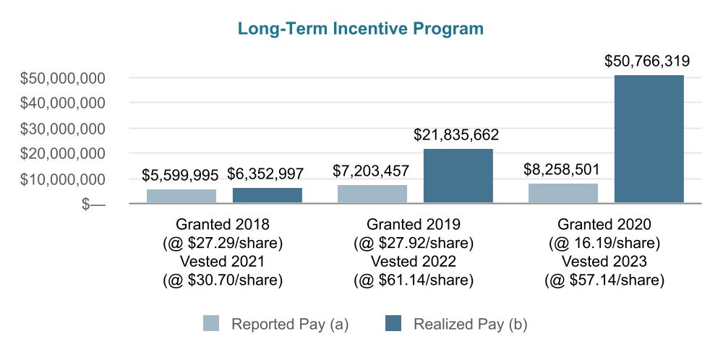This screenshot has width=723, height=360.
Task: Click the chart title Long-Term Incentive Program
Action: (361, 29)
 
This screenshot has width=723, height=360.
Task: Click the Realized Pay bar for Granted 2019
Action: (458, 176)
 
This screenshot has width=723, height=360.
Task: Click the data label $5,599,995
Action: (180, 175)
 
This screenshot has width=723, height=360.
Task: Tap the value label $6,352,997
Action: (265, 173)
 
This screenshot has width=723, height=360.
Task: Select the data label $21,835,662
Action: (456, 134)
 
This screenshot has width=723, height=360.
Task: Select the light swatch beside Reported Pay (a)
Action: (210, 324)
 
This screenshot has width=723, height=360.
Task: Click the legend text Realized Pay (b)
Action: (471, 324)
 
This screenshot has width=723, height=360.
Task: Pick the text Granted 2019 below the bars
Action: (413, 224)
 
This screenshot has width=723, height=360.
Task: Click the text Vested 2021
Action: (222, 261)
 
